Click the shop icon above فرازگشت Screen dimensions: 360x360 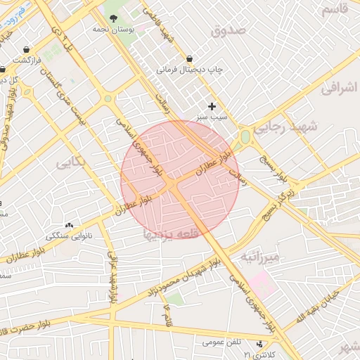(x=26, y=50)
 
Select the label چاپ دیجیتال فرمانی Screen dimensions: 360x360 (x=189, y=70)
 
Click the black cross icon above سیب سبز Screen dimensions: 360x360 (x=212, y=105)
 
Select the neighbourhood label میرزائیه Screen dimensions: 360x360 (x=260, y=257)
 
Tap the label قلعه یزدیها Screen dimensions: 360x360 (x=172, y=233)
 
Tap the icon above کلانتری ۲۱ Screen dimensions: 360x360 (x=261, y=344)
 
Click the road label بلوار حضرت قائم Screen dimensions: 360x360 (x=35, y=326)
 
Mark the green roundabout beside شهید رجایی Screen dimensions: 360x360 (x=245, y=136)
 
